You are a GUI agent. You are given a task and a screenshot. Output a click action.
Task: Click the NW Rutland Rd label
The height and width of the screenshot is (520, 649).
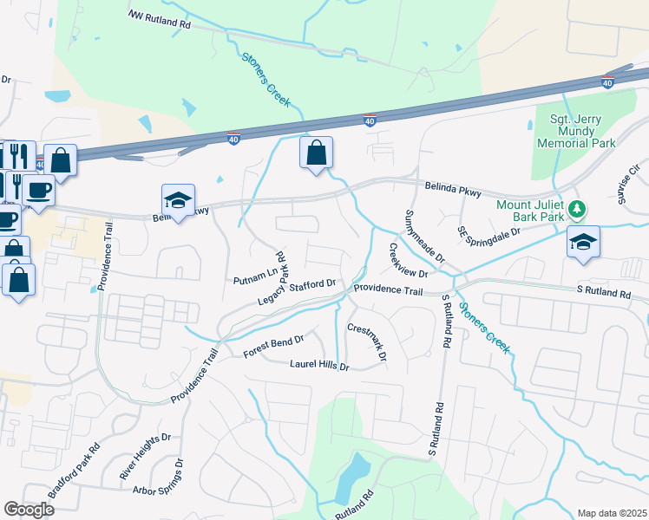(x=159, y=18)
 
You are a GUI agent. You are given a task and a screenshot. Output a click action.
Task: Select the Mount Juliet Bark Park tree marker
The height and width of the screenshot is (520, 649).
(x=575, y=209)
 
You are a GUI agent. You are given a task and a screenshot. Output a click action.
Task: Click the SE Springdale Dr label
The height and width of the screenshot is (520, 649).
(x=488, y=233)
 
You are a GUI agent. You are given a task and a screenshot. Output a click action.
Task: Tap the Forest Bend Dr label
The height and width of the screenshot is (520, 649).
(x=274, y=346)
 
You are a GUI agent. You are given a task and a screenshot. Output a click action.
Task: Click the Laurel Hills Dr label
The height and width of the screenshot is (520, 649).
(x=319, y=367)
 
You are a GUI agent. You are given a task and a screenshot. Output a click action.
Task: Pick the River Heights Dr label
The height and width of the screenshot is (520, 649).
(x=140, y=458)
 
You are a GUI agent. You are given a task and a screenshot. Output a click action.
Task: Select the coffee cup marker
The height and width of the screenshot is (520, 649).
(x=39, y=189)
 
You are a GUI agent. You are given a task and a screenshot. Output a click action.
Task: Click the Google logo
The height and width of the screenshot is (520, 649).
(x=29, y=510)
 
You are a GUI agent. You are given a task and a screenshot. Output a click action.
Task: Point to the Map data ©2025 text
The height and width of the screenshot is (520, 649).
(x=612, y=513)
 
